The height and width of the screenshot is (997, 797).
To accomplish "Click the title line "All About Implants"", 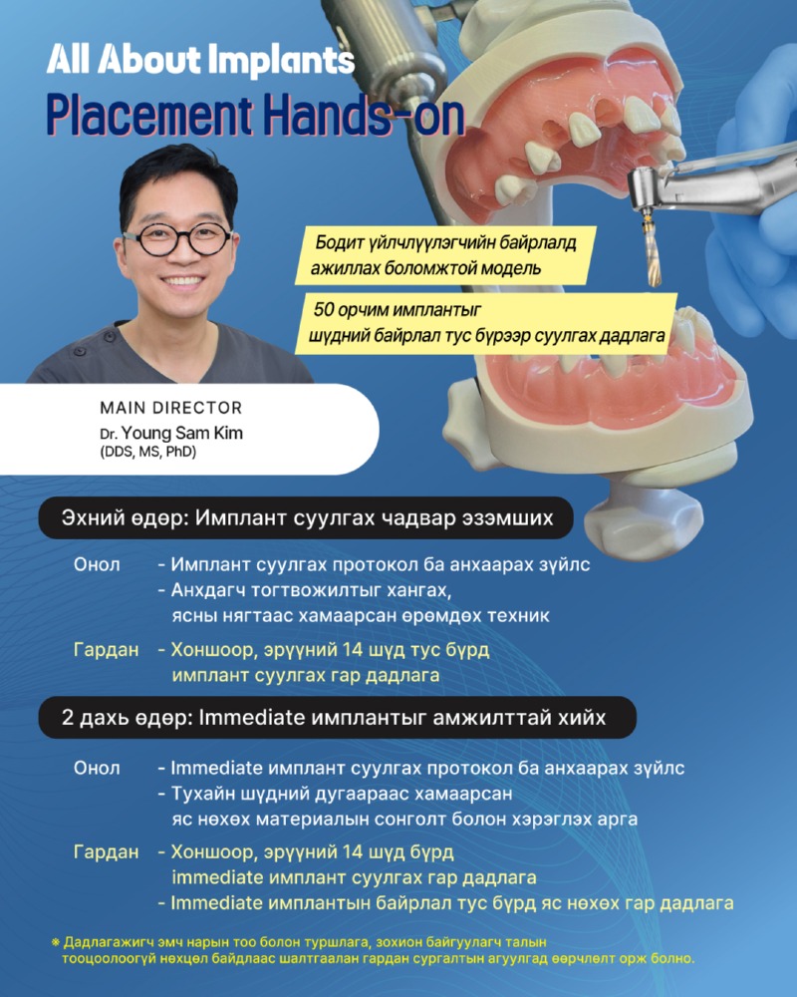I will pyautogui.click(x=200, y=61).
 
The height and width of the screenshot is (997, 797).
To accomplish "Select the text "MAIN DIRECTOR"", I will pyautogui.click(x=170, y=408).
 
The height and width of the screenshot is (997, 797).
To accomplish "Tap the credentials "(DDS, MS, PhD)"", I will pyautogui.click(x=147, y=453).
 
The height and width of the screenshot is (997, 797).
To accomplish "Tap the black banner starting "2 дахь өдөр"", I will pyautogui.click(x=334, y=718).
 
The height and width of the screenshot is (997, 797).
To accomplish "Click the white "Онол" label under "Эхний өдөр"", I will pyautogui.click(x=98, y=565).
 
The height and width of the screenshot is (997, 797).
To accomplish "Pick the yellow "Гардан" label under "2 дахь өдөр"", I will pyautogui.click(x=106, y=852).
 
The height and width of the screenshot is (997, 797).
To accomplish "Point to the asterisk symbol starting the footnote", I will pyautogui.click(x=55, y=941).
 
